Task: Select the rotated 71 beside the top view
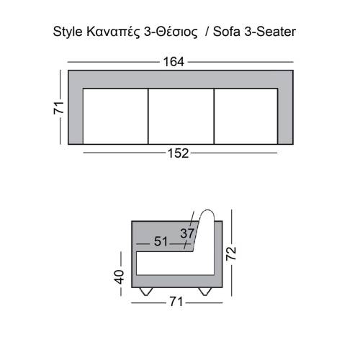pyautogui.click(x=59, y=108)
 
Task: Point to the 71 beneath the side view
pyautogui.click(x=175, y=302)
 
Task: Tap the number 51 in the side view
pyautogui.click(x=161, y=242)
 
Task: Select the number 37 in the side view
pyautogui.click(x=187, y=233)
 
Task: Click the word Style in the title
pyautogui.click(x=68, y=32)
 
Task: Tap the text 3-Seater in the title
pyautogui.click(x=270, y=32)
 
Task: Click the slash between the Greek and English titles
pyautogui.click(x=207, y=32)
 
